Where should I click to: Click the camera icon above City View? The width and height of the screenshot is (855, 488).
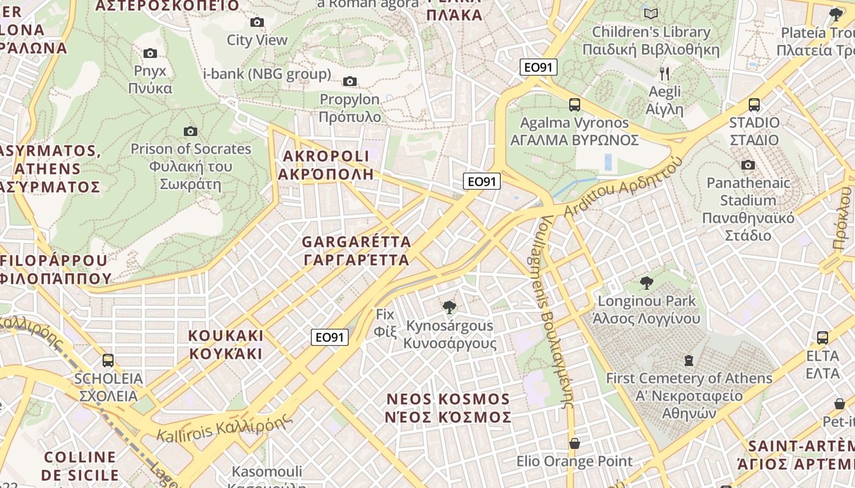click(257, 23)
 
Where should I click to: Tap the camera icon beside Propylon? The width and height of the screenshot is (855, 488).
click(350, 82)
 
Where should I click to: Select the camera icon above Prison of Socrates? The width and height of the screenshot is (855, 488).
click(191, 131)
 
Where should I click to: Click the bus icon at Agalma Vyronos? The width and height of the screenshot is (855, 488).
click(575, 104)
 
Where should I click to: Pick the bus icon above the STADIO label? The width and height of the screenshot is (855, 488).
click(754, 104)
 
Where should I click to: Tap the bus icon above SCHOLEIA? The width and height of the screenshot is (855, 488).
click(108, 361)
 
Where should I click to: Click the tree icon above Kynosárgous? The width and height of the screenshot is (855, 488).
click(449, 307)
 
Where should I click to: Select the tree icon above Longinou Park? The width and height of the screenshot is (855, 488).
click(647, 283)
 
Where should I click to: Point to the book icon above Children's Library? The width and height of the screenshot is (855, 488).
click(651, 13)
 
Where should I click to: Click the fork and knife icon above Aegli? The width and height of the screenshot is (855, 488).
click(664, 74)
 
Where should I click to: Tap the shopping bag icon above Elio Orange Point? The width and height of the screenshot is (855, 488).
click(574, 443)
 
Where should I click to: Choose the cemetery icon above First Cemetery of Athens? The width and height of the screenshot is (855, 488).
click(689, 361)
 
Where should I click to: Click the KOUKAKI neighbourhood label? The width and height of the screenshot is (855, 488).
click(226, 345)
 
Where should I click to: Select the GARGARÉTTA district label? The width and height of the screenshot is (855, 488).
click(357, 251)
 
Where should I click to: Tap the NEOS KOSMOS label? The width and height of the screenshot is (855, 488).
click(448, 408)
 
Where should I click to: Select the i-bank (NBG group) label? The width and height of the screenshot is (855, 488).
click(267, 74)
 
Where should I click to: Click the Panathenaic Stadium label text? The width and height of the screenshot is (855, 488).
click(748, 192)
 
